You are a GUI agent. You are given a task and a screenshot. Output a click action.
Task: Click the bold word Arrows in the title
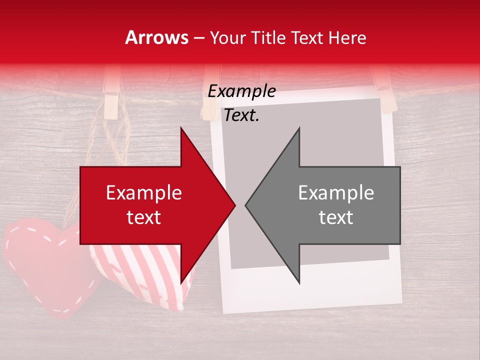pyautogui.click(x=157, y=37)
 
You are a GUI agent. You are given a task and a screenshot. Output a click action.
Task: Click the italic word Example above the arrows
pyautogui.click(x=241, y=91)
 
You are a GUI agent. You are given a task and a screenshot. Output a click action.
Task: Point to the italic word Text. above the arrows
pyautogui.click(x=241, y=115)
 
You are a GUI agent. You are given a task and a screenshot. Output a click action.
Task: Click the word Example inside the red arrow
pyautogui.click(x=143, y=193)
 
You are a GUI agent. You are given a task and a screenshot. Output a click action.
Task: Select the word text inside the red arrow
pyautogui.click(x=143, y=217)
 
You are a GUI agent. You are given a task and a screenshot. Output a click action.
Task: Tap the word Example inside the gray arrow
pyautogui.click(x=336, y=193)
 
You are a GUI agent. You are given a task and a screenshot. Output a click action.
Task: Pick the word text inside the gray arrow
pyautogui.click(x=336, y=217)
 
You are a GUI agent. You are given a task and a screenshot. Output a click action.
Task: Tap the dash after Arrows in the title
pyautogui.click(x=198, y=38)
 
